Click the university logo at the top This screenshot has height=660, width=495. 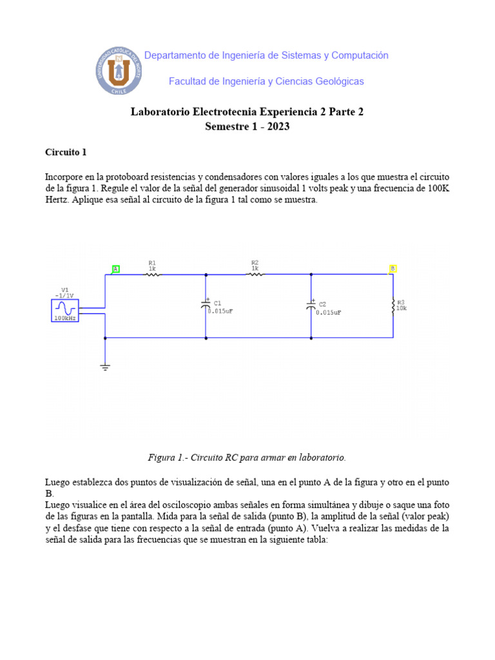click(x=119, y=70)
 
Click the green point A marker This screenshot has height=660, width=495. click(x=116, y=269)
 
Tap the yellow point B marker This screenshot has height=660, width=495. click(x=393, y=268)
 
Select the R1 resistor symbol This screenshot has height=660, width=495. click(x=152, y=275)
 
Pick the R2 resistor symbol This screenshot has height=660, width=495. click(x=255, y=274)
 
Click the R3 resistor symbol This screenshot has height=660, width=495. click(x=393, y=307)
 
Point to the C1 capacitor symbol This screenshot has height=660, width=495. click(x=206, y=306)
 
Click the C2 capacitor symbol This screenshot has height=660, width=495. click(x=311, y=306)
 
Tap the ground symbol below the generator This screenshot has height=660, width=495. click(x=105, y=367)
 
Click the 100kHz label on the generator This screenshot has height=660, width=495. click(x=64, y=318)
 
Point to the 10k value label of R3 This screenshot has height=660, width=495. click(x=402, y=308)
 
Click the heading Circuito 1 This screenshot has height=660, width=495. click(x=65, y=153)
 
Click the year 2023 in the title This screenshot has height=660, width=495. click(x=277, y=126)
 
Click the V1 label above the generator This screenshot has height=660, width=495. click(x=64, y=289)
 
